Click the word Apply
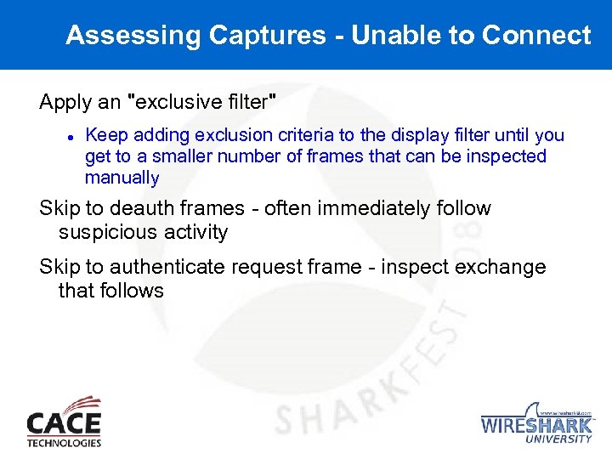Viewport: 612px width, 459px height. pos(66,103)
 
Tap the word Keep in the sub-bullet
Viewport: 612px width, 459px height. pos(103,135)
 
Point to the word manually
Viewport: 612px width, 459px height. pos(122,178)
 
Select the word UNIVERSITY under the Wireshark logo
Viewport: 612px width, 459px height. pos(559,439)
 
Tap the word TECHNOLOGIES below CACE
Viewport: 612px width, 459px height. pos(64,443)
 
